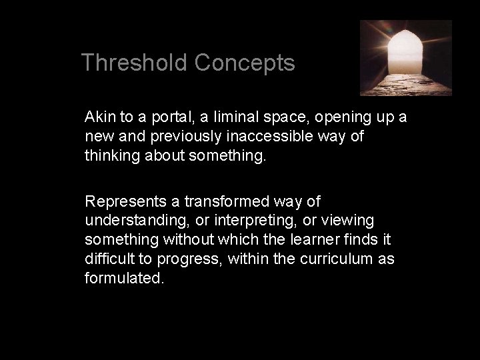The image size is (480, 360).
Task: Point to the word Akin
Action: coord(99,117)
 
